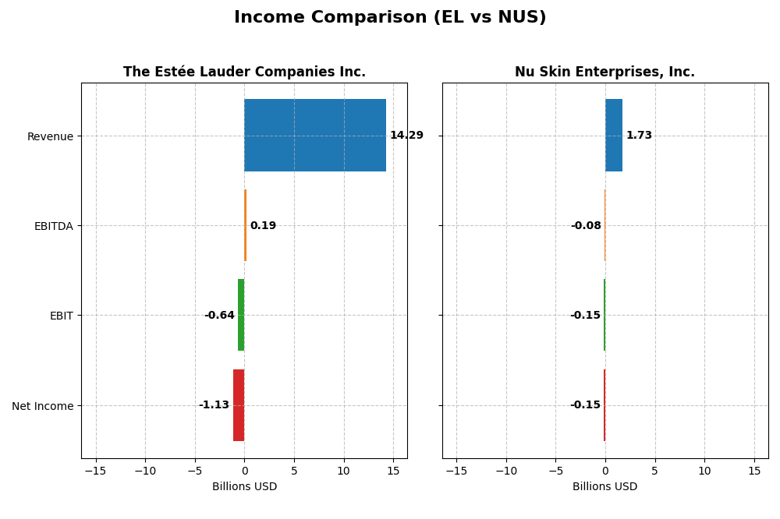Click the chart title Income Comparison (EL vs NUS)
point(390,17)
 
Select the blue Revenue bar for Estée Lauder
point(315,135)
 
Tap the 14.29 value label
point(406,136)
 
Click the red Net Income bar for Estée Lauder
point(239,405)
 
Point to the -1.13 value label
point(214,405)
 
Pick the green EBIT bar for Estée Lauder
point(241,315)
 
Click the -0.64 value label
point(219,316)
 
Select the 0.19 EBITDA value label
point(263,226)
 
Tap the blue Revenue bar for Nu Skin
point(614,135)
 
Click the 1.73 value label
point(639,136)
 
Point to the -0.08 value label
point(586,226)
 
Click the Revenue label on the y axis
point(50,136)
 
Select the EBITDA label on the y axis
point(53,226)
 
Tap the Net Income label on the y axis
point(43,406)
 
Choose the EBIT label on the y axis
point(61,316)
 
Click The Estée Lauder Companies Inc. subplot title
point(244,72)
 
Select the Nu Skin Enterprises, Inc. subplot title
point(604,72)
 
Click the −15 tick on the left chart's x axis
point(95,471)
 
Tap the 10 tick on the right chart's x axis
point(704,471)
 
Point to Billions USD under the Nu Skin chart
point(604,487)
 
